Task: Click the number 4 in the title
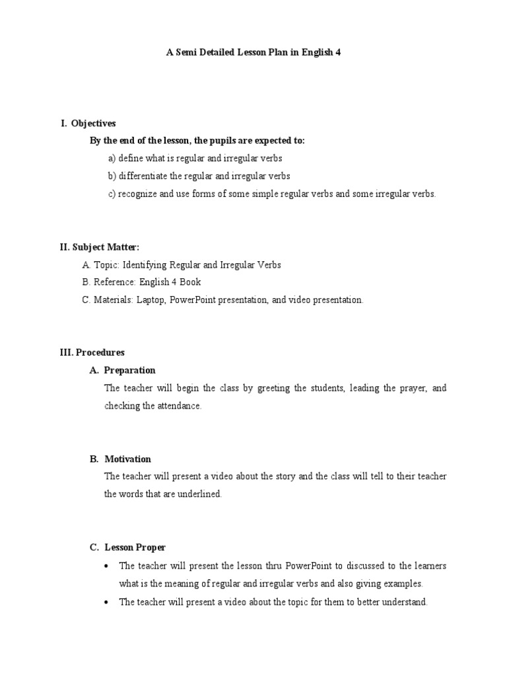(338, 52)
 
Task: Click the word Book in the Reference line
(191, 282)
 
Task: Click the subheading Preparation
(130, 370)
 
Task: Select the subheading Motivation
(128, 459)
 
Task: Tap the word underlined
(201, 495)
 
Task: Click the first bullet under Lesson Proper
(107, 566)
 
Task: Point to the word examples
(403, 584)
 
